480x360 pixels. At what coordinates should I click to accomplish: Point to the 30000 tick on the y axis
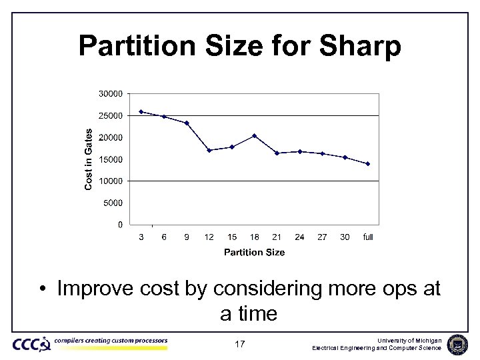[111, 94]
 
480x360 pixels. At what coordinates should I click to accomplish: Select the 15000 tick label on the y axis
[111, 159]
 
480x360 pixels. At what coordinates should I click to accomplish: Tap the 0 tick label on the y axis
[120, 225]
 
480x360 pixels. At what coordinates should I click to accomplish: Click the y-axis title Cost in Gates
[89, 159]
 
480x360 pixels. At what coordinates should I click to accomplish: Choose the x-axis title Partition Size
[254, 252]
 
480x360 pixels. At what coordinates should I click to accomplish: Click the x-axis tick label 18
[255, 237]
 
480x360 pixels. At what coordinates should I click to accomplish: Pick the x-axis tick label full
[368, 237]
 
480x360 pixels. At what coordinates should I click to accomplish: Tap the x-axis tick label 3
[141, 237]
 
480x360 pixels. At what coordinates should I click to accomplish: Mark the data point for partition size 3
[141, 111]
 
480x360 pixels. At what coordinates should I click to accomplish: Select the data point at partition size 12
[209, 150]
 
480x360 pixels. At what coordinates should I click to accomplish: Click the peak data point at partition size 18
[255, 135]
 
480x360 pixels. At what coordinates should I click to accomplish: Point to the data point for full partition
[368, 163]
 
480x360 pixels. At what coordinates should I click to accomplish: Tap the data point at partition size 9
[187, 123]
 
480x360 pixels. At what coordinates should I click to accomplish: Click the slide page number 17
[240, 345]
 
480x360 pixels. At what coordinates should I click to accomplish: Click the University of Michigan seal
[458, 344]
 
